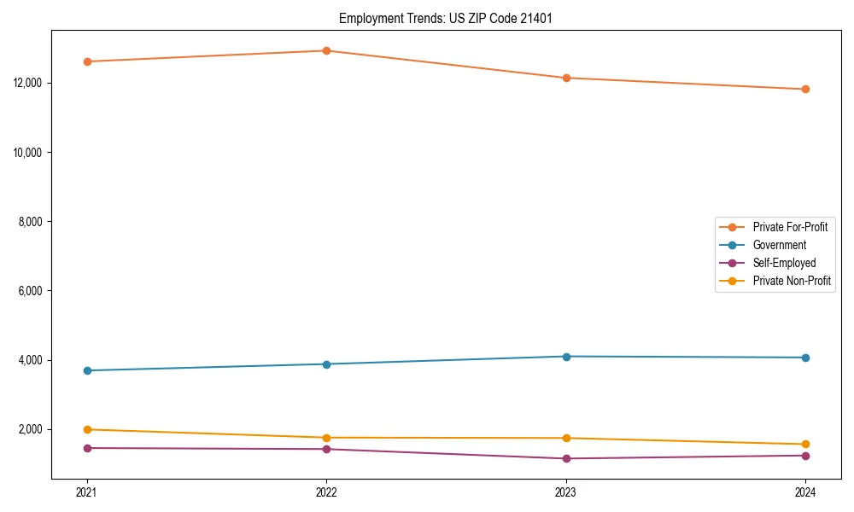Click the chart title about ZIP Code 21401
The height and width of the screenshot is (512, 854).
[446, 18]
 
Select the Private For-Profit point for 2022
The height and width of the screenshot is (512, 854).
[326, 50]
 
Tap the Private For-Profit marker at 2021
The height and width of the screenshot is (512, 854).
[86, 61]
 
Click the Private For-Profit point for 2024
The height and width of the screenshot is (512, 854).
[805, 89]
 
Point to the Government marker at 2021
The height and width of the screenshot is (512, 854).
[86, 370]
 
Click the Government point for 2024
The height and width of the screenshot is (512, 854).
[805, 358]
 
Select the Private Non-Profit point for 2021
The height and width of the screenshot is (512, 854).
[86, 429]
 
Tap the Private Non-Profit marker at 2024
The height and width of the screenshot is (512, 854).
[805, 444]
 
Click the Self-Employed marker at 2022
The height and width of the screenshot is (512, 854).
[326, 449]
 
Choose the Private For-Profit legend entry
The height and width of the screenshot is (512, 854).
[789, 227]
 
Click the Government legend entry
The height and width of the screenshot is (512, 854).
[779, 245]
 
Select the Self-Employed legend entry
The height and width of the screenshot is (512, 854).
[784, 263]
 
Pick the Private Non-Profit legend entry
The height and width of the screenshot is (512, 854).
[792, 281]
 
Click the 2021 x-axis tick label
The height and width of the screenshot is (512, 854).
[86, 492]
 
